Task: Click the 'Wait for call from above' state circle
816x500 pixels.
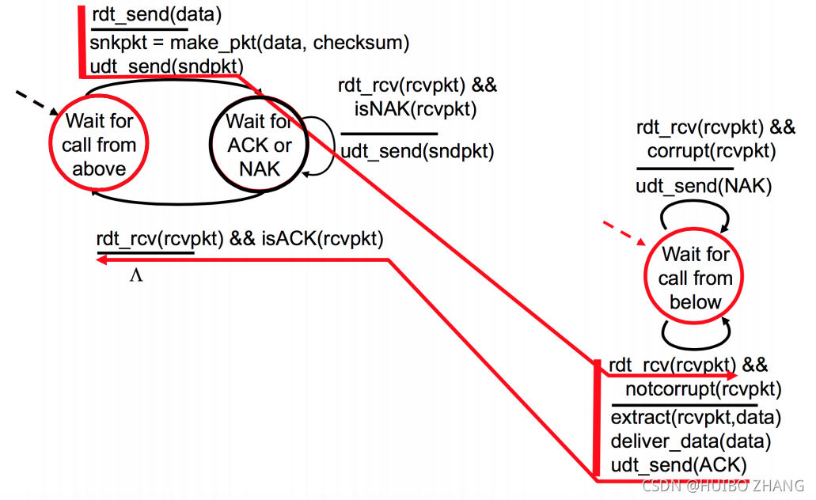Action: [x=99, y=145]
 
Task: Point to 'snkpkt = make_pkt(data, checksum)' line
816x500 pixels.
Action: [x=249, y=42]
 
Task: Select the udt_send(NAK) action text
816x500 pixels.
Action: [x=693, y=187]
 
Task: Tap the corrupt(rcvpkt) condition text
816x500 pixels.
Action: [x=711, y=150]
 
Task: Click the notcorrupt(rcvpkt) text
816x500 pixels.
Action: [x=704, y=388]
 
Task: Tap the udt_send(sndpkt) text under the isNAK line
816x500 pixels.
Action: [x=417, y=150]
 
